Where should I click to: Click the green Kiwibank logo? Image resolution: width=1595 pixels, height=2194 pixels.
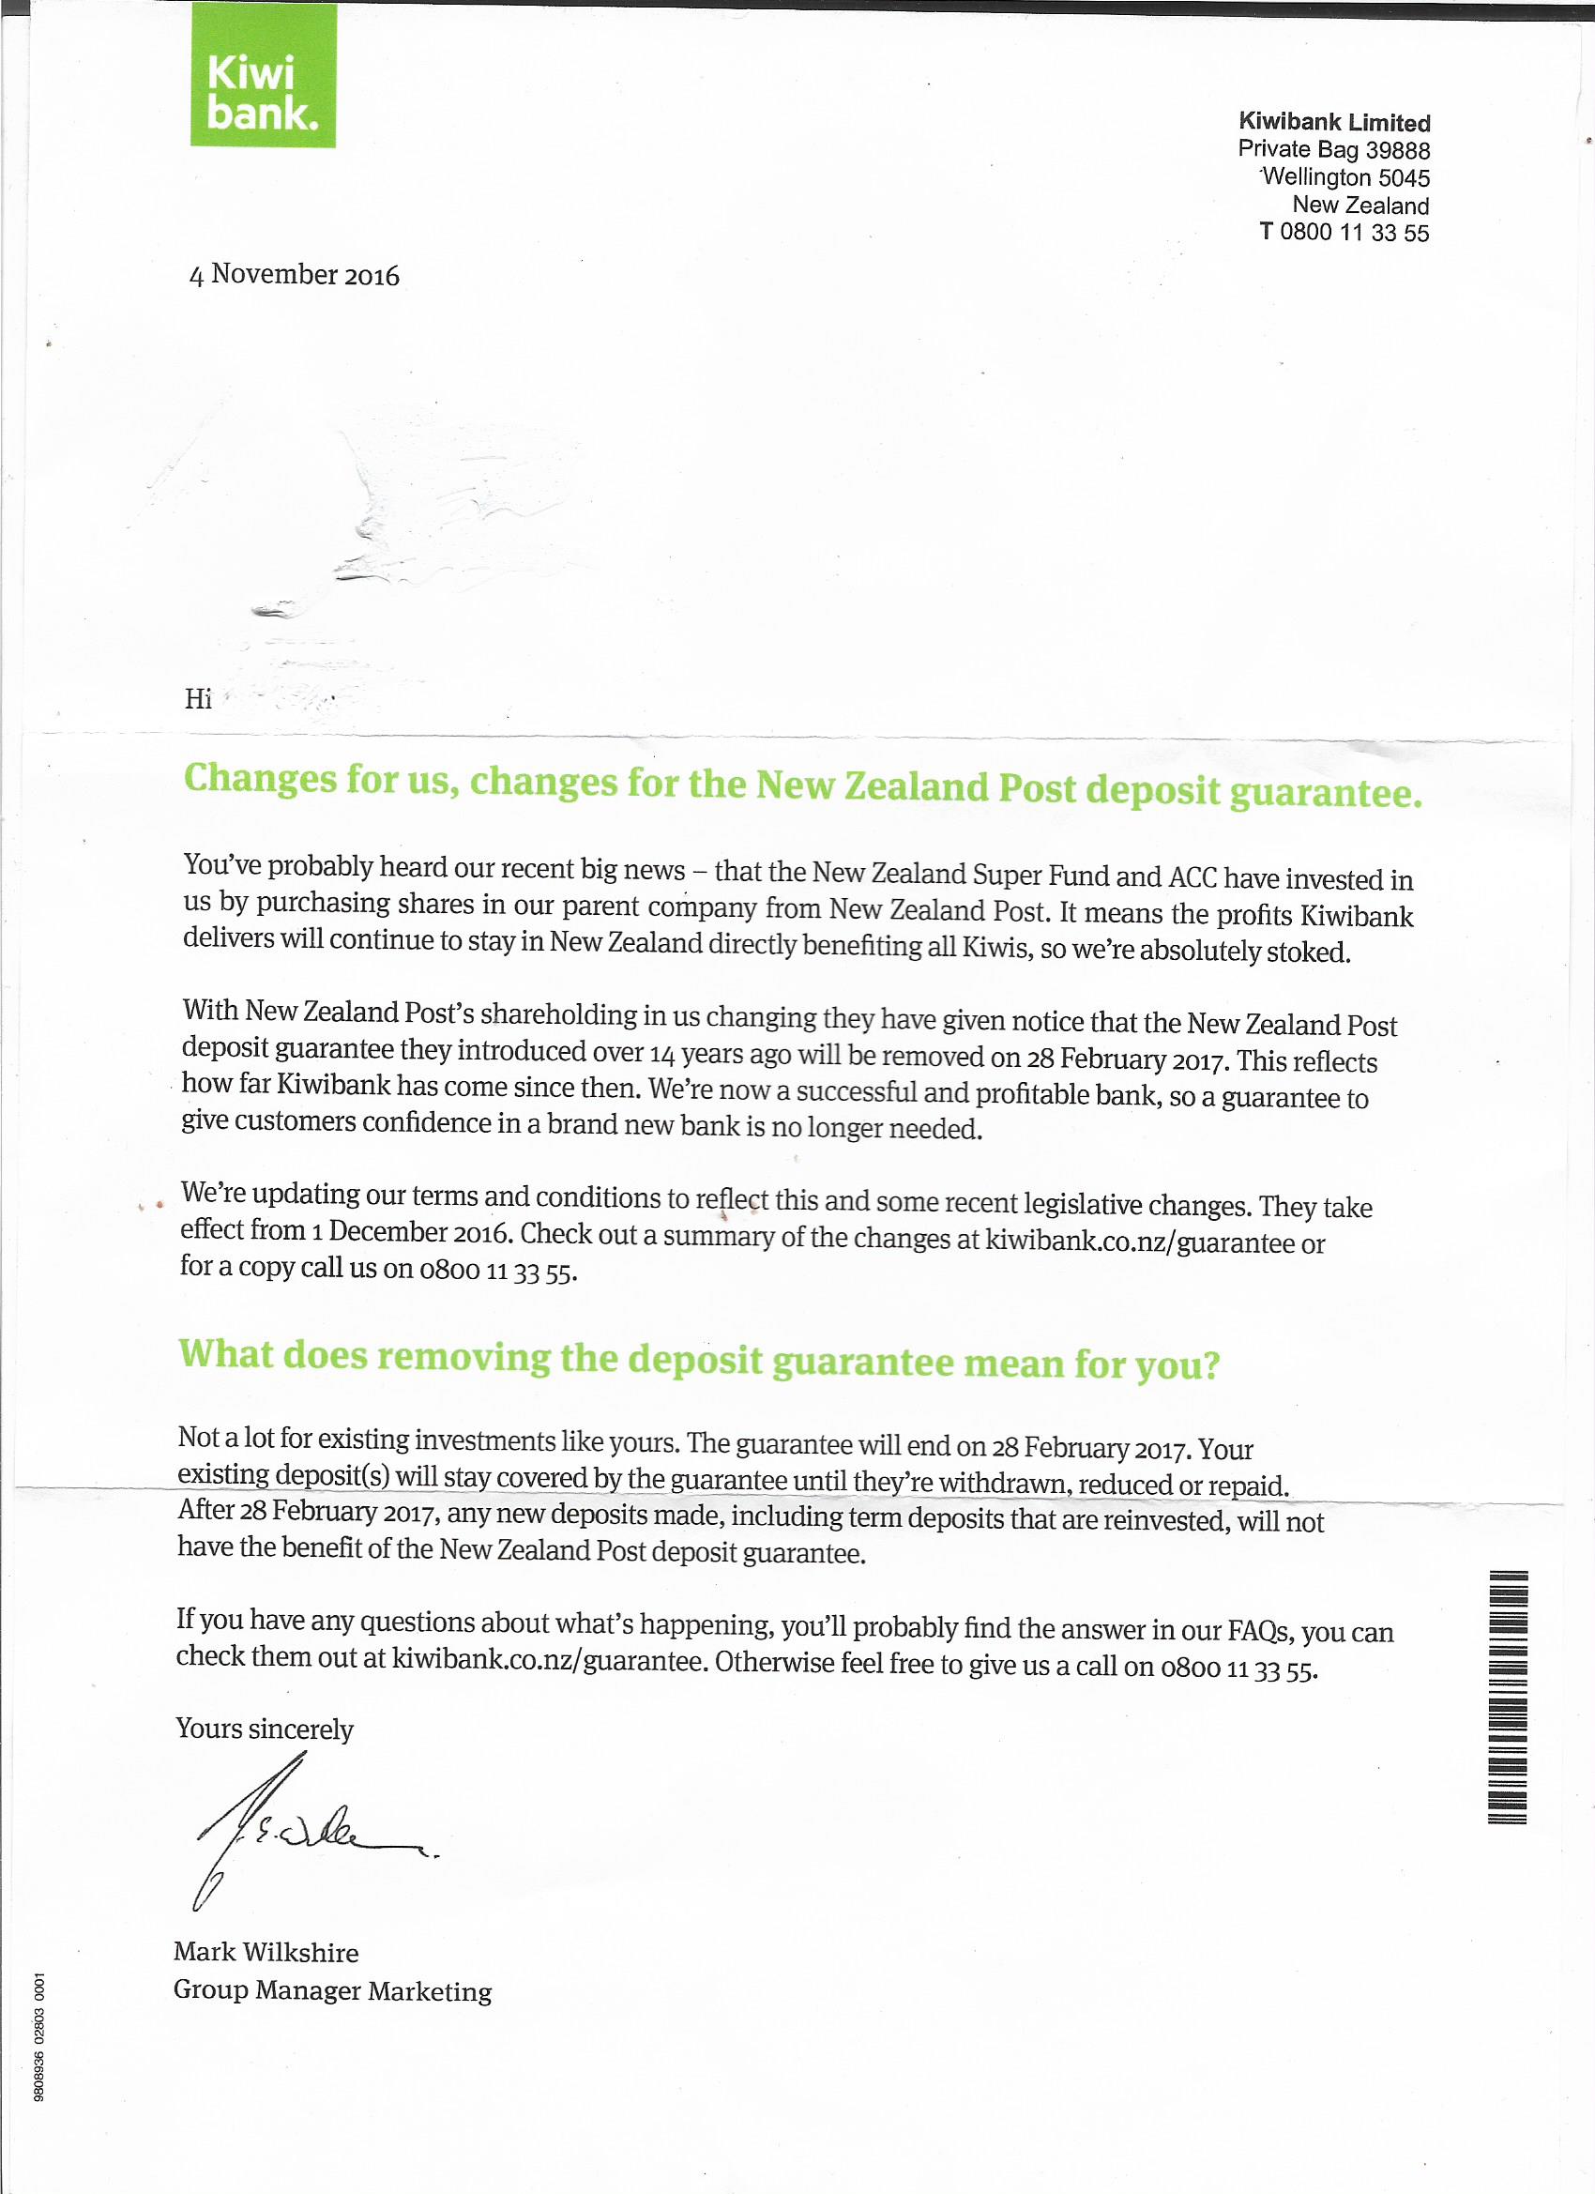[x=263, y=74]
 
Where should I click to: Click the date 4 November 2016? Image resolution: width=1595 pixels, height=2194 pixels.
[x=294, y=275]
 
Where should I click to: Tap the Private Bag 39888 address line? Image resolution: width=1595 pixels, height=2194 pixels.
[x=1333, y=150]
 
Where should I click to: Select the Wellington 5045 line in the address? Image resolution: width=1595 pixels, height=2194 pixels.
[x=1345, y=178]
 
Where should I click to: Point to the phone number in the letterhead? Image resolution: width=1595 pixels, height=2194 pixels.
[x=1344, y=233]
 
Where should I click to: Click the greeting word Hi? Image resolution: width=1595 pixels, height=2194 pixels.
[x=198, y=698]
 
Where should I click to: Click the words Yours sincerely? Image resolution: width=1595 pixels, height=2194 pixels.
[x=264, y=1729]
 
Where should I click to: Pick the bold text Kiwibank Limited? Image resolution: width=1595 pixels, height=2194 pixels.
[x=1334, y=123]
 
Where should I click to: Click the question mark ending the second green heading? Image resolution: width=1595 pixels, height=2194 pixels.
[x=1209, y=1365]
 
